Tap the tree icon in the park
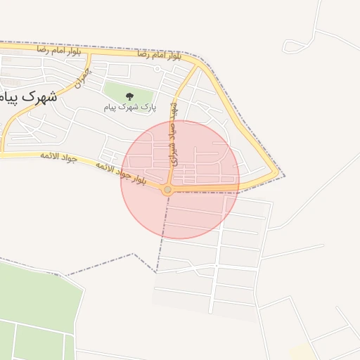click(129, 96)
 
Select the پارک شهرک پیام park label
click(130, 107)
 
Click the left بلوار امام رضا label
click(59, 51)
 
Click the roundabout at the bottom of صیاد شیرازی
click(167, 190)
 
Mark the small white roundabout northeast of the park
click(157, 69)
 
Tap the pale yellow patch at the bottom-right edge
click(302, 352)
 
